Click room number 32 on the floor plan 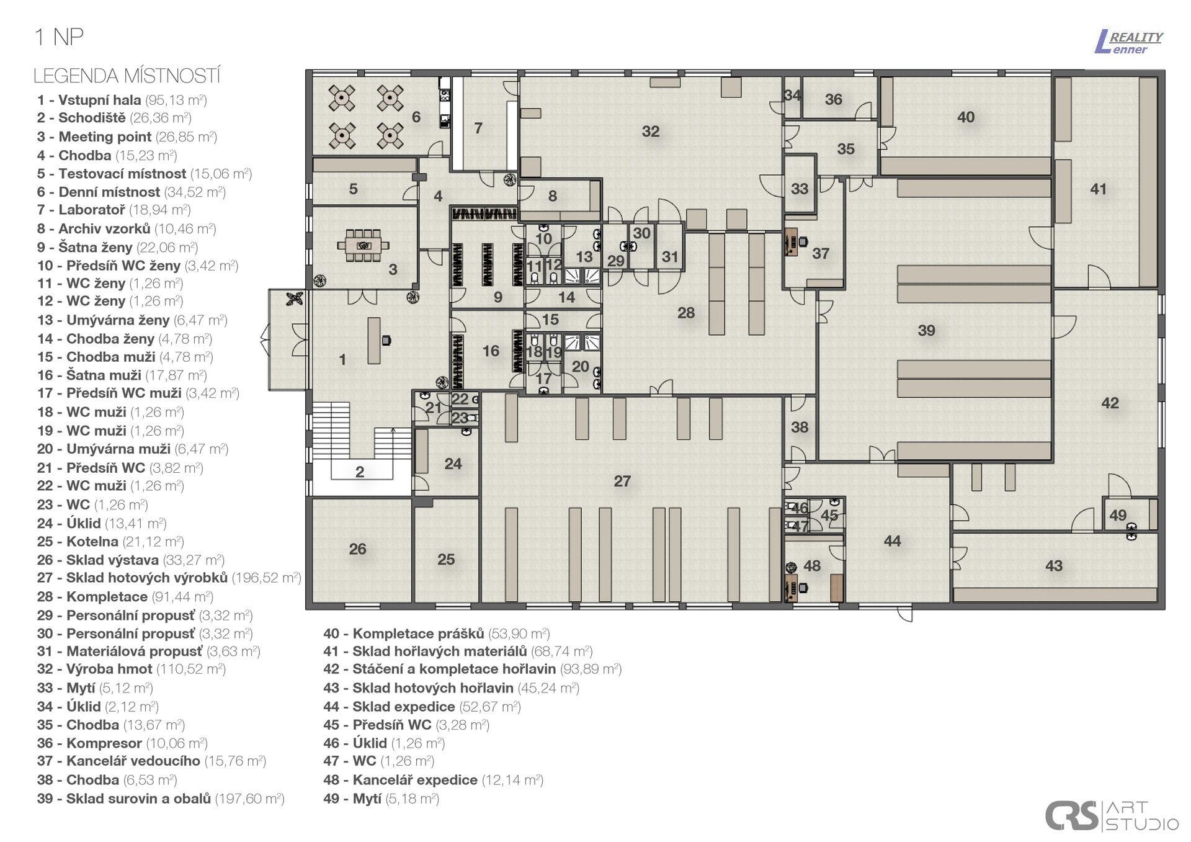[650, 132]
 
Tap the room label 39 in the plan [926, 331]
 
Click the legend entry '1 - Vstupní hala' [122, 100]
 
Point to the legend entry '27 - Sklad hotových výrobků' [169, 578]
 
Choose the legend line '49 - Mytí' [381, 799]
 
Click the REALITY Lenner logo [1129, 42]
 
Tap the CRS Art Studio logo [1112, 815]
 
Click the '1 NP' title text [59, 37]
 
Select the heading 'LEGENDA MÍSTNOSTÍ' [127, 76]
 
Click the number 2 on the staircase [360, 472]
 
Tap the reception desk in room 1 [374, 340]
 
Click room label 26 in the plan [357, 549]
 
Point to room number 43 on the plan [1053, 566]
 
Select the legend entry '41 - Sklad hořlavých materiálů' [458, 651]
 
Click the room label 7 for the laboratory [478, 128]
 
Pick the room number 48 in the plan [811, 566]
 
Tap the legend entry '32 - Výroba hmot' [131, 669]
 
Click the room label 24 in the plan [453, 464]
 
